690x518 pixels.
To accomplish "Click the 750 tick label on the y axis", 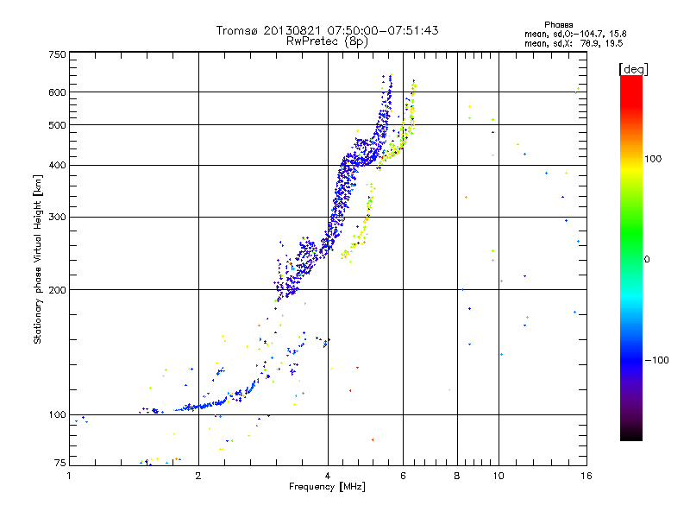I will click(57, 54).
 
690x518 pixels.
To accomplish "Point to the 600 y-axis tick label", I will click(57, 92).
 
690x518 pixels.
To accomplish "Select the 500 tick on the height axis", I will click(57, 125).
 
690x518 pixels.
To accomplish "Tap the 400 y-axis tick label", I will click(57, 165).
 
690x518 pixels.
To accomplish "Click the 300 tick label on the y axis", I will click(57, 217).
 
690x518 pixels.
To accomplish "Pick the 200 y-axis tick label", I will click(57, 289).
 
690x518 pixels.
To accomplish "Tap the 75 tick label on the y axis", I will click(60, 463).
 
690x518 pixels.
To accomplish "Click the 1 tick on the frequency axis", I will click(70, 475).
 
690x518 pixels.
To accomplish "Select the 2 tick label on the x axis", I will click(198, 475).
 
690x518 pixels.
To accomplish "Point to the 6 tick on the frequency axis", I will click(403, 475).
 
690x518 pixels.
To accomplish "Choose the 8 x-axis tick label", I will click(456, 475).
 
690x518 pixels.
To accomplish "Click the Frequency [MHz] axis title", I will click(327, 487).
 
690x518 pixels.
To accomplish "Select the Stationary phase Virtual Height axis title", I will click(38, 259).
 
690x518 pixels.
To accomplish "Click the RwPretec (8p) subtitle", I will click(327, 41).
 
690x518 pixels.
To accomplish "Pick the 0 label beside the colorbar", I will click(648, 259).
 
